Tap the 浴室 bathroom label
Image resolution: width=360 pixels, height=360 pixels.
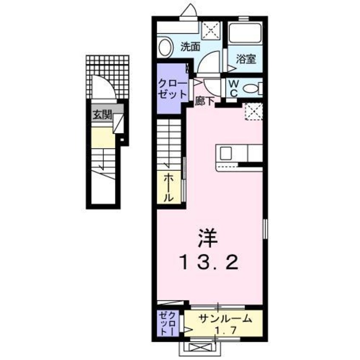point(246,60)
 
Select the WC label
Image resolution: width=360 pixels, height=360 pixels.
point(234,88)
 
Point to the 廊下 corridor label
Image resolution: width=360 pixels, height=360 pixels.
point(203,101)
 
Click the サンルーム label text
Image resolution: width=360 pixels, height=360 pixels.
point(225,318)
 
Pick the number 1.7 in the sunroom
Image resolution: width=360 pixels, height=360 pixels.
point(225,331)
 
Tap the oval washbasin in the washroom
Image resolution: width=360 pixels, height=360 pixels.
point(165,47)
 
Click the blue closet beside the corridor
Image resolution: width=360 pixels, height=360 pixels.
point(172,88)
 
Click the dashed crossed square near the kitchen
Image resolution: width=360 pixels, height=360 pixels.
point(254,111)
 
